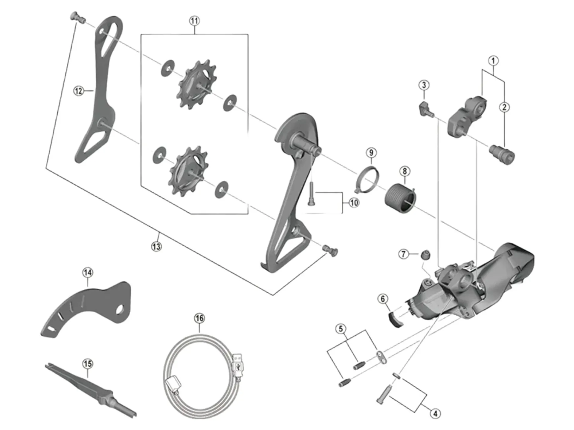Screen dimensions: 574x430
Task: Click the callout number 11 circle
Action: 194,21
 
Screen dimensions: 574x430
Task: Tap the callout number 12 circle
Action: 79,90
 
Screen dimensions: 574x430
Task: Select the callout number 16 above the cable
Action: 199,318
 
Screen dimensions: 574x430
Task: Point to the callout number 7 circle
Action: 404,254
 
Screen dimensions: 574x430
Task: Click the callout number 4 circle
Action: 435,414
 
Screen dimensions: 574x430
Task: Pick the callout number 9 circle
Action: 371,153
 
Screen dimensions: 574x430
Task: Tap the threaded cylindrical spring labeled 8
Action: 401,199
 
